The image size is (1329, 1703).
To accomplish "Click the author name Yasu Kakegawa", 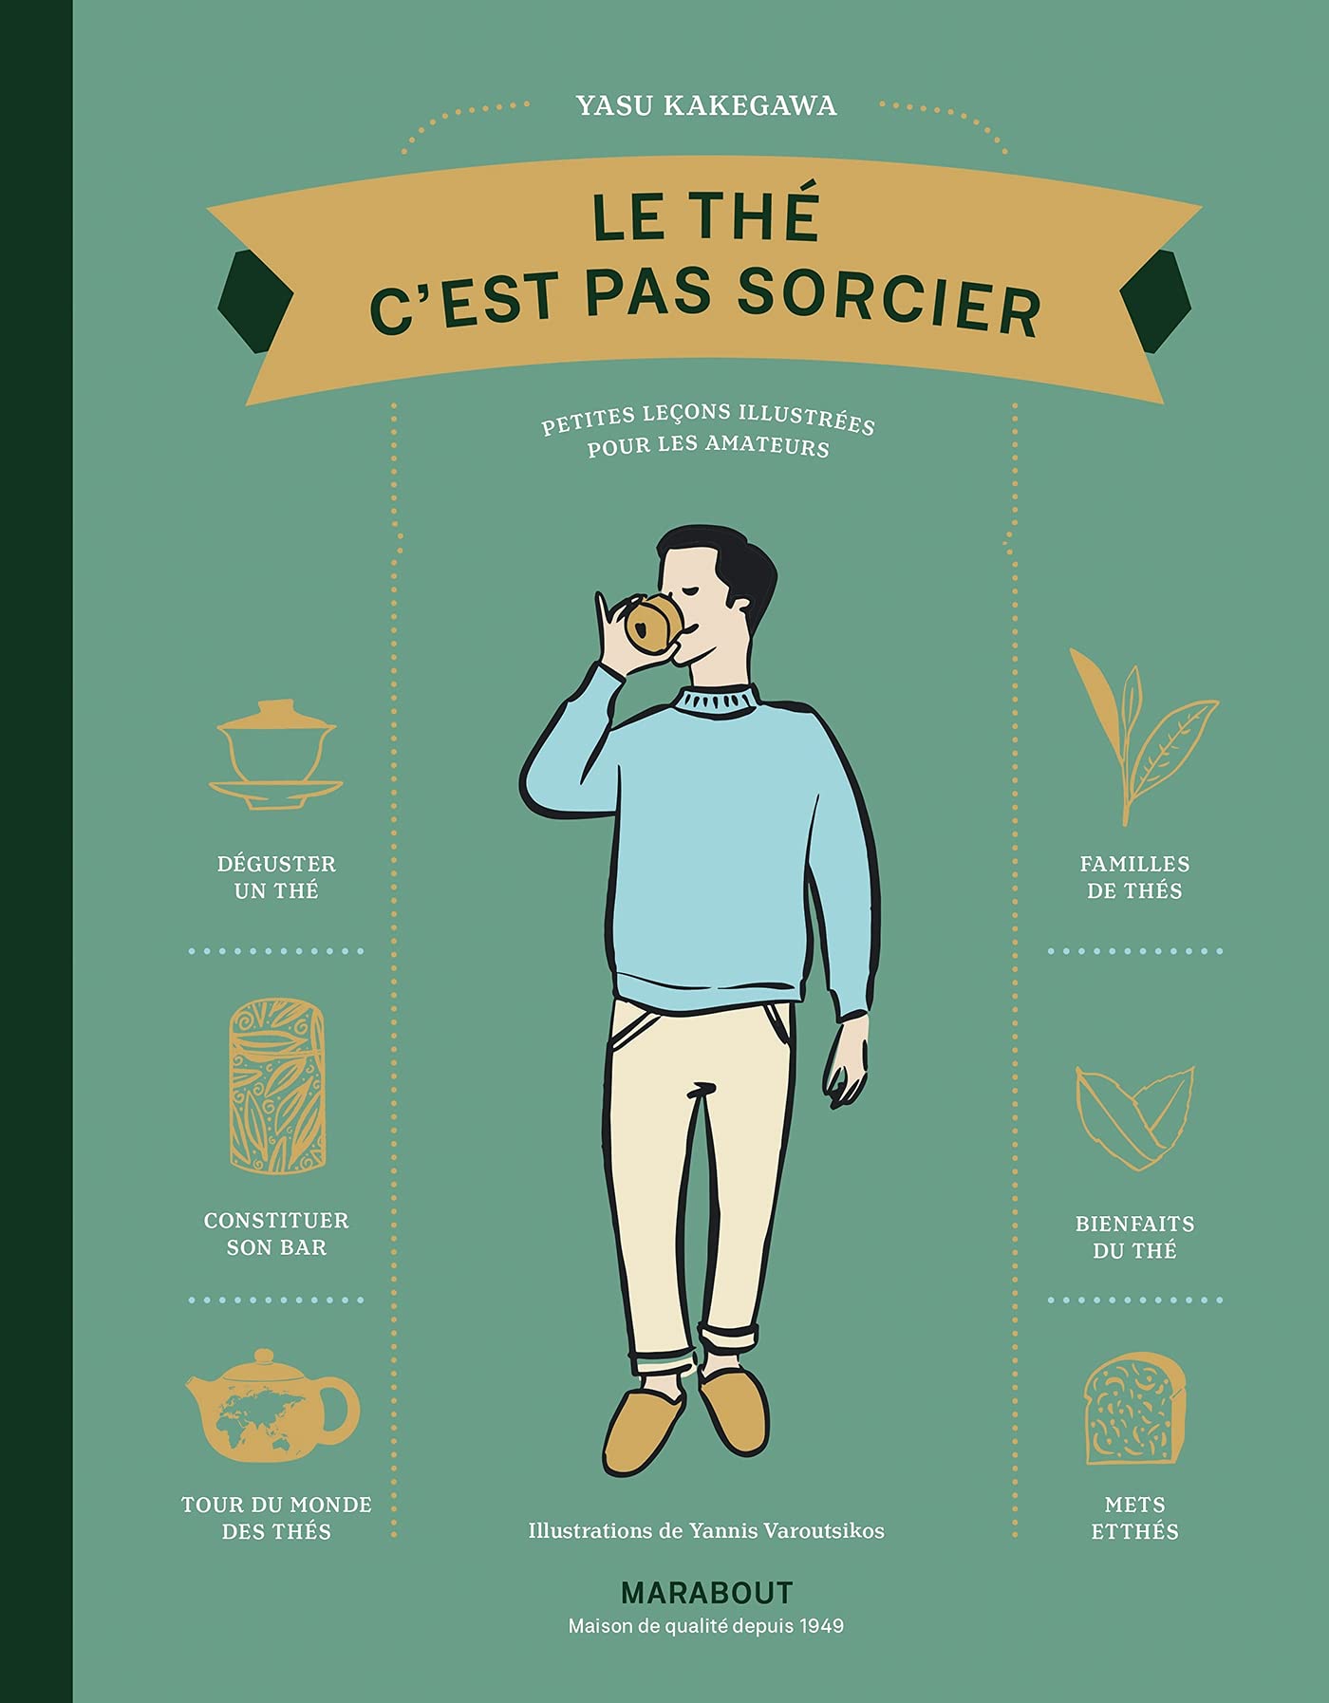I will click(x=706, y=105).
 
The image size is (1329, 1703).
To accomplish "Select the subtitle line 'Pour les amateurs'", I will click(x=708, y=446).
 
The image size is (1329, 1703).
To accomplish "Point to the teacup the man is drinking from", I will click(x=653, y=624).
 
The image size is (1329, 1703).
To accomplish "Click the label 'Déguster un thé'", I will click(x=276, y=877).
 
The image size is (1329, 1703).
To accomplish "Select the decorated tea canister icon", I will click(x=277, y=1084).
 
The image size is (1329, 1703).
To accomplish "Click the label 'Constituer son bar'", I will click(x=276, y=1234).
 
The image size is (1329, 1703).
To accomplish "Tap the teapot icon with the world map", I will click(x=272, y=1407).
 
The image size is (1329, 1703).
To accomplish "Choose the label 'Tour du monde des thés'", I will click(x=276, y=1517).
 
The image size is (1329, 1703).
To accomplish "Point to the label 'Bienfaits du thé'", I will click(x=1134, y=1237).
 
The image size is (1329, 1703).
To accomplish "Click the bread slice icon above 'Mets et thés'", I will click(x=1135, y=1409).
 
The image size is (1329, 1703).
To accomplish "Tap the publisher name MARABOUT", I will click(x=706, y=1592).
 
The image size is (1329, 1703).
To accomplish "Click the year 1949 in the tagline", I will click(x=821, y=1626).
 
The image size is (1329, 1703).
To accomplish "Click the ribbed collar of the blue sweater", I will click(x=718, y=701).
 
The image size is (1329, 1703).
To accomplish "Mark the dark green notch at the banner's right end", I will click(x=1157, y=300).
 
